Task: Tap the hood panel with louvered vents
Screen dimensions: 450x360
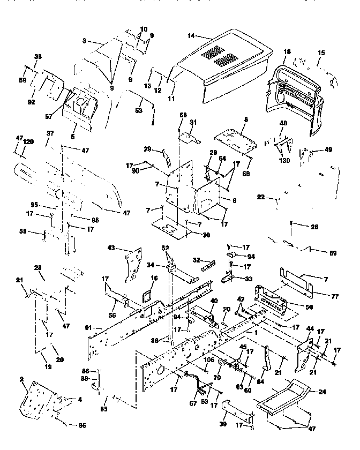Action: coord(225,70)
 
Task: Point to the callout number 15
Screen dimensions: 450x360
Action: coord(321,53)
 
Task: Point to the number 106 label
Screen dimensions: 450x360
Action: coord(209,359)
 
